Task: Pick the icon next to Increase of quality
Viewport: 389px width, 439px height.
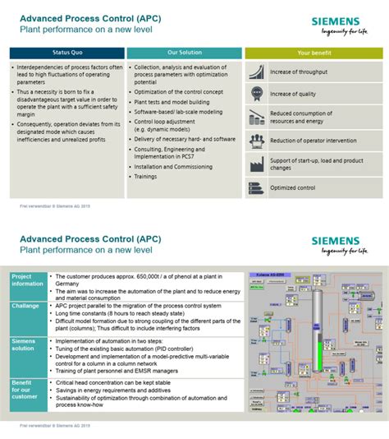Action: (x=256, y=95)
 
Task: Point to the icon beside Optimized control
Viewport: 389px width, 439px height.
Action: (x=256, y=188)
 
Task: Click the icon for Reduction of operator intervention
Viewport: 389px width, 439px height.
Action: (x=256, y=141)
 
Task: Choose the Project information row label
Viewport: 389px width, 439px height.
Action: (x=25, y=281)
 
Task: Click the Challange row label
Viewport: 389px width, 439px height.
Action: (x=25, y=305)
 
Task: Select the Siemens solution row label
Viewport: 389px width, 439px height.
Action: (x=25, y=344)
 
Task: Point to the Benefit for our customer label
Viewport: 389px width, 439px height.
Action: (x=25, y=390)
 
